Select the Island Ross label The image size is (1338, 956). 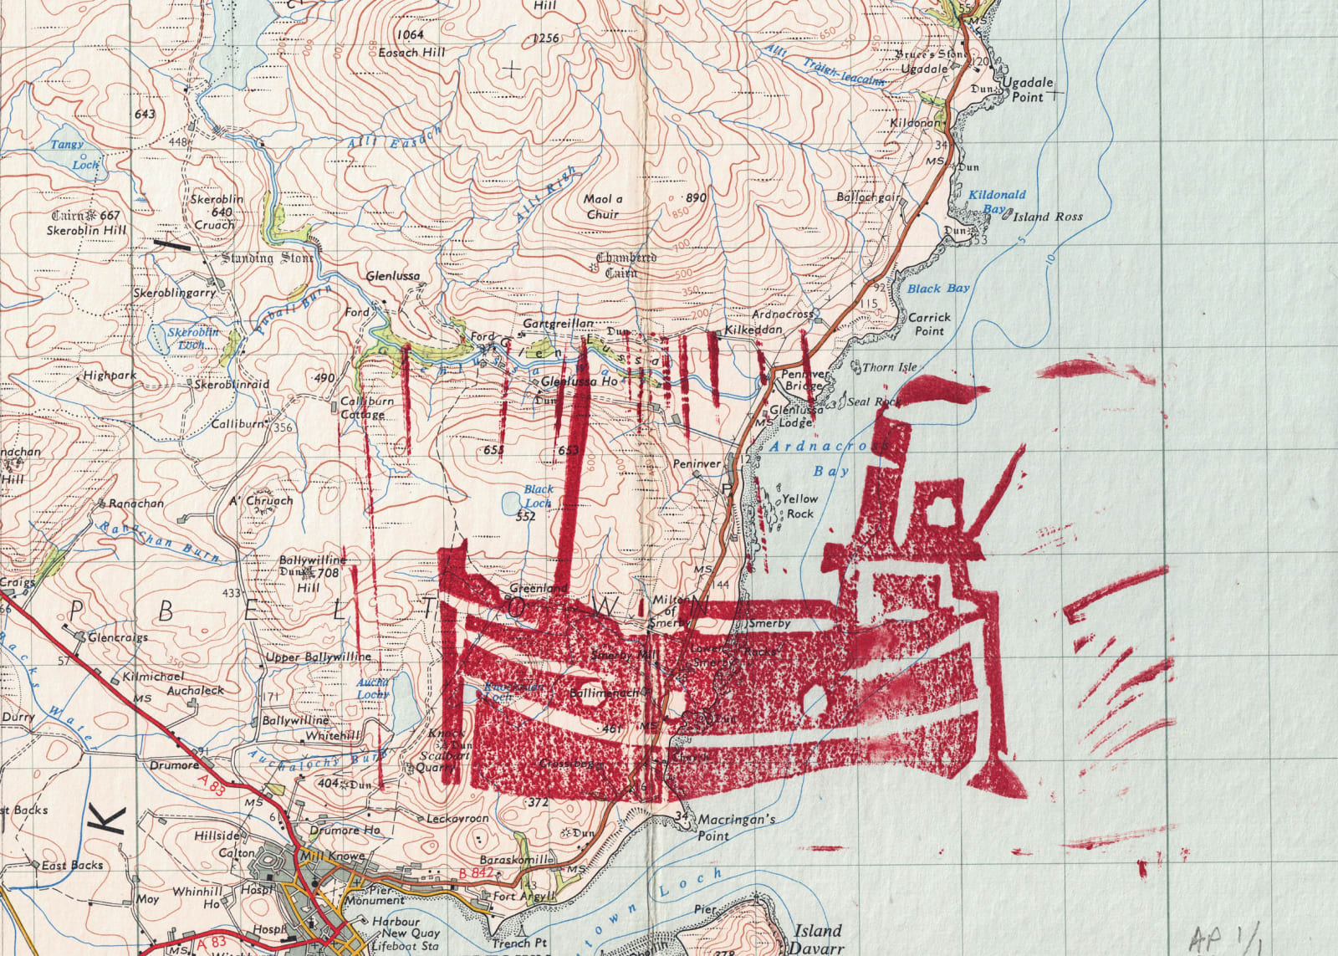click(1047, 217)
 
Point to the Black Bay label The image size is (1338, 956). click(938, 289)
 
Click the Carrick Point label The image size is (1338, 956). click(929, 324)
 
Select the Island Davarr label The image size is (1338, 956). click(817, 938)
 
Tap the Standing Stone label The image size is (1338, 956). click(267, 258)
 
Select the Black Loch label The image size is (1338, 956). click(539, 496)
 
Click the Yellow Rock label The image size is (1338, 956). click(799, 506)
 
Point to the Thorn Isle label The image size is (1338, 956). click(889, 367)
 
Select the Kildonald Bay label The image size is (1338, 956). click(997, 200)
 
